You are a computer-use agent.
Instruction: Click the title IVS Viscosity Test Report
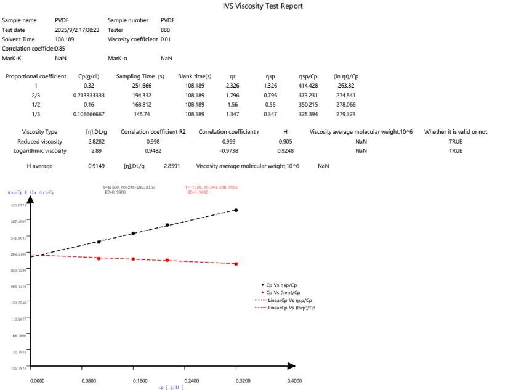point(262,6)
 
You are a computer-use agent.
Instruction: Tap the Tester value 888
point(165,30)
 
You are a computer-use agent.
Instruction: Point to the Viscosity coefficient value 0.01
point(165,39)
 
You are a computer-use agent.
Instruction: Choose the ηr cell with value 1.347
point(232,114)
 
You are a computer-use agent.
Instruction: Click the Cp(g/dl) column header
point(92,76)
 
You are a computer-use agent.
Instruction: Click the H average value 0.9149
point(97,166)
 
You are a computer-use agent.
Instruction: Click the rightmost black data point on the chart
point(236,210)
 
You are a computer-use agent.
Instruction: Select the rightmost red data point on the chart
point(236,264)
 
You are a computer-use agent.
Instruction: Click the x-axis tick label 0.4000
point(294,381)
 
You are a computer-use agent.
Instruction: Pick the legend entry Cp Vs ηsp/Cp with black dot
point(287,285)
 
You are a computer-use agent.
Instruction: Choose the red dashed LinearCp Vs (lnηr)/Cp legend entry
point(288,307)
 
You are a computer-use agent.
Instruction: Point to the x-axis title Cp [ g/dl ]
point(171,388)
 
